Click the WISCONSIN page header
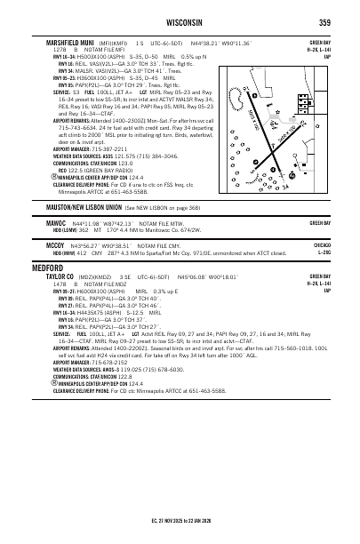click(x=181, y=22)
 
